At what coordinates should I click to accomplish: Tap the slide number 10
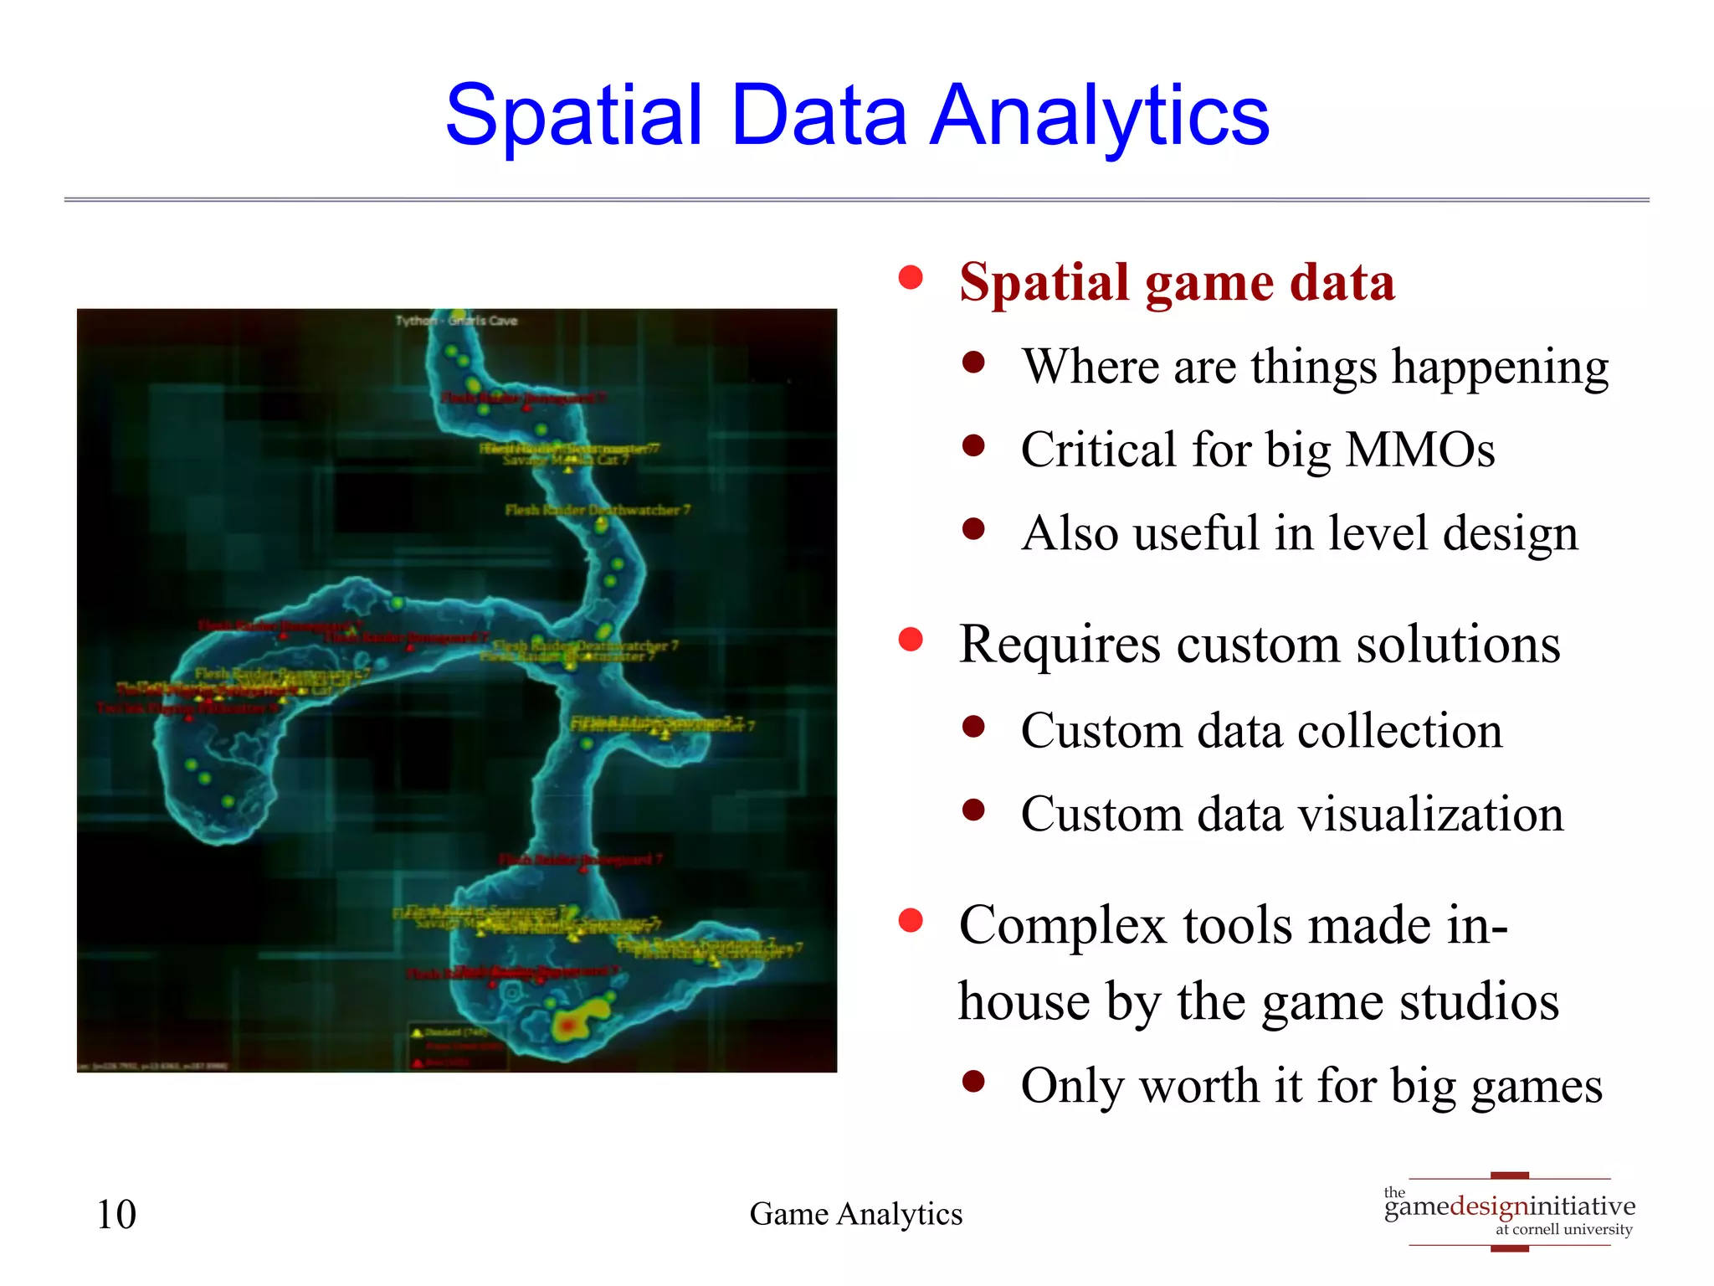(116, 1214)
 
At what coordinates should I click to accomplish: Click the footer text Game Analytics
(855, 1214)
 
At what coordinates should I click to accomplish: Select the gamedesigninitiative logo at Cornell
(1509, 1211)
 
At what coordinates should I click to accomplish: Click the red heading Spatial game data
(1176, 282)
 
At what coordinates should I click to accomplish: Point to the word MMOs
(1419, 450)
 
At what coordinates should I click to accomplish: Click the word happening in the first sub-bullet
(1499, 367)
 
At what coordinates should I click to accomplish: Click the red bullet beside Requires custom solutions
(910, 640)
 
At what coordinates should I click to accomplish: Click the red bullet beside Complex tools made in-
(910, 921)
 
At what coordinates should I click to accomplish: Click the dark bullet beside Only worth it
(972, 1082)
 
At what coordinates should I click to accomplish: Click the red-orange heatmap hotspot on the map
(569, 1025)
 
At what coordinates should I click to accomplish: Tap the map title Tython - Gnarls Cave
(456, 321)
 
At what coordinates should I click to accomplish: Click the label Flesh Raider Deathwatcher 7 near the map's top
(597, 510)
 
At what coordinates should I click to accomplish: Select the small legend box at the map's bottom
(457, 1047)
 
